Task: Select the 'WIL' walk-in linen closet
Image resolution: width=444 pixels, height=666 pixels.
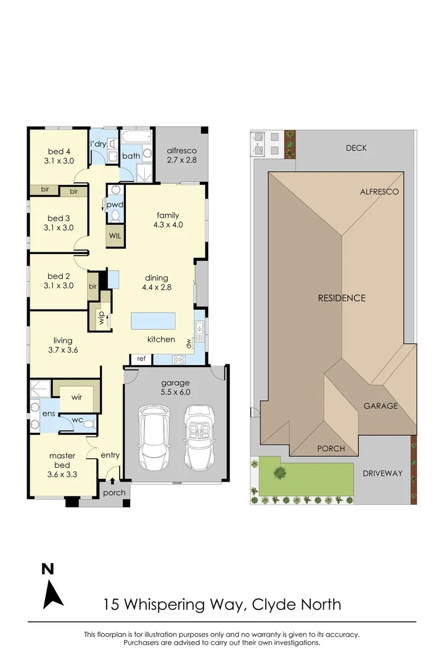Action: pos(115,236)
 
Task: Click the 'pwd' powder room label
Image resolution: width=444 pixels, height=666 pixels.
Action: pos(115,204)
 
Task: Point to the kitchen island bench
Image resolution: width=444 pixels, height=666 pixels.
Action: pos(152,321)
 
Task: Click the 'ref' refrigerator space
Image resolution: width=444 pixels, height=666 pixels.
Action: pos(141,358)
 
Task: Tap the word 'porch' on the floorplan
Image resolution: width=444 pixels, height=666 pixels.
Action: pos(115,493)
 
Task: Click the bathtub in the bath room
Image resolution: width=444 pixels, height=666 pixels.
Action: pos(136,137)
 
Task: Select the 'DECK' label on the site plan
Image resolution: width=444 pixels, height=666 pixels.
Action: pos(356,148)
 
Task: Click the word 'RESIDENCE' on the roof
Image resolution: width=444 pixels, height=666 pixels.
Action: pos(342,298)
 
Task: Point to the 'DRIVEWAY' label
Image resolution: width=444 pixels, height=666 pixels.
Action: pos(382,474)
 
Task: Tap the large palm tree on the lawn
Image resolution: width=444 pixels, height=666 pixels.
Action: pos(281,474)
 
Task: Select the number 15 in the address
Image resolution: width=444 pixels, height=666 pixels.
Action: pos(112,604)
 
